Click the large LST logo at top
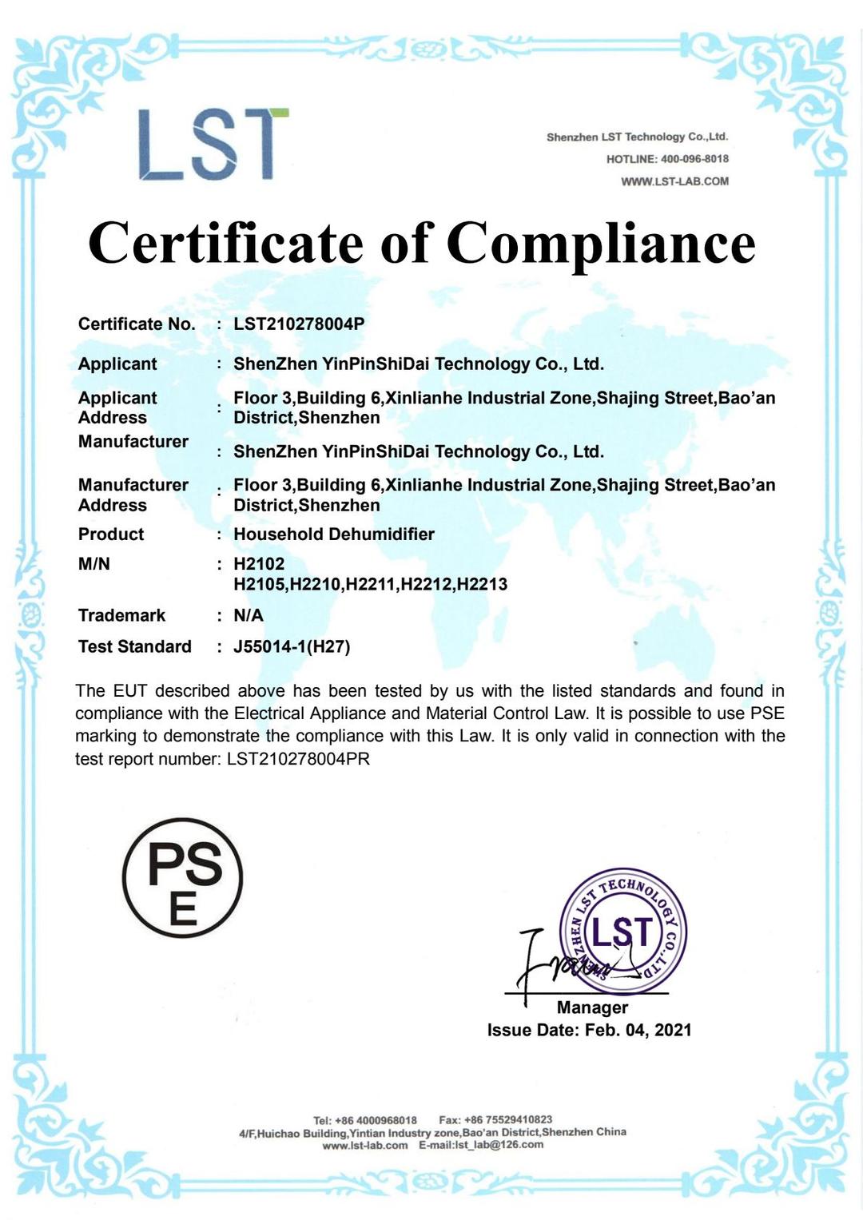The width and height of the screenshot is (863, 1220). click(x=212, y=144)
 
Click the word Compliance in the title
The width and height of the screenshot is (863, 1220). click(x=600, y=243)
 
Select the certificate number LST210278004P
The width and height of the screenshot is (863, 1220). click(x=299, y=324)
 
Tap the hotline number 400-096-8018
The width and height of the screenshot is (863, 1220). click(x=694, y=159)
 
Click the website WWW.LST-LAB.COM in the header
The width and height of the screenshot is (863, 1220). click(x=674, y=181)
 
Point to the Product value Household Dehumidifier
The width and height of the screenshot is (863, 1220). click(x=334, y=534)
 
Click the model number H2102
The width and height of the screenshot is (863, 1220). click(x=259, y=563)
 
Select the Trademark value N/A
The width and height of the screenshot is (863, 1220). click(x=249, y=615)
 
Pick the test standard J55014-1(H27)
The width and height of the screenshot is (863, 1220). click(x=292, y=646)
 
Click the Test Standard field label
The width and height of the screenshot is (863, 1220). click(x=135, y=646)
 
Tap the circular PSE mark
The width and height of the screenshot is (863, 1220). click(x=183, y=877)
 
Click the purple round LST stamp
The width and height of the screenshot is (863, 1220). click(x=623, y=931)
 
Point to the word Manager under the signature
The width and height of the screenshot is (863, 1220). click(x=592, y=1007)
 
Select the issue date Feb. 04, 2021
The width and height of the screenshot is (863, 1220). click(x=638, y=1030)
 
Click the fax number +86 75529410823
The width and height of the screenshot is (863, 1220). click(x=508, y=1119)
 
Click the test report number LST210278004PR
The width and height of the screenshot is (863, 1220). click(x=298, y=758)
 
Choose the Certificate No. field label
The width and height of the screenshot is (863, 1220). click(x=137, y=324)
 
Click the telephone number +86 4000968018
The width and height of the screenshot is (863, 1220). click(x=376, y=1119)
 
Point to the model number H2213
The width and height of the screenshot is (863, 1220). click(x=481, y=584)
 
